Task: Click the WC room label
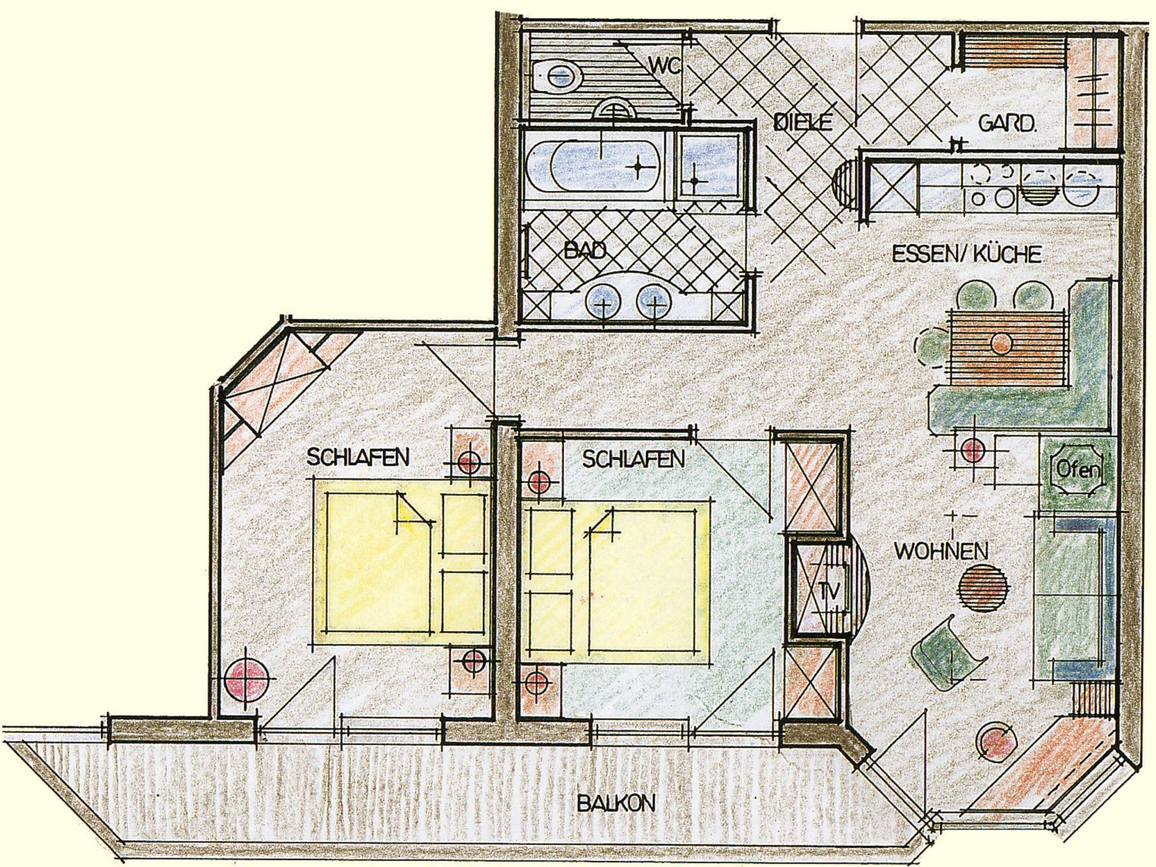665,65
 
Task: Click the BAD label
585,249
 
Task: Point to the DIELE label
802,122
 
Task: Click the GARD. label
1008,123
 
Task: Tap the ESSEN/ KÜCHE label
966,254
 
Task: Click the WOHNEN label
942,551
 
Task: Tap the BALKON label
615,803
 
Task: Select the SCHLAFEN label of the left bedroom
357,457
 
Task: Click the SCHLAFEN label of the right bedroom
633,459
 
